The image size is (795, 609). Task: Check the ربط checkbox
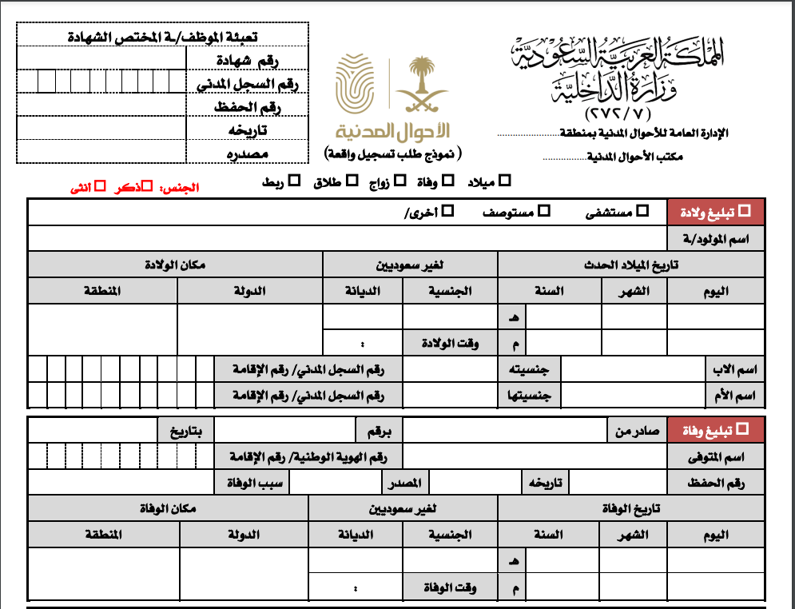[294, 182]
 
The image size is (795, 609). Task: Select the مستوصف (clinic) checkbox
[544, 211]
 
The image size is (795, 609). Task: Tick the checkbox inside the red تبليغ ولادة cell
[745, 211]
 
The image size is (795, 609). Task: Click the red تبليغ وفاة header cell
[716, 430]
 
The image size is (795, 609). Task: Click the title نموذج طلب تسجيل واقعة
[395, 152]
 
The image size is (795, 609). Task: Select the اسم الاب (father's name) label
[737, 370]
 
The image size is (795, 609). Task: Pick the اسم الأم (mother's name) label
[737, 395]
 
